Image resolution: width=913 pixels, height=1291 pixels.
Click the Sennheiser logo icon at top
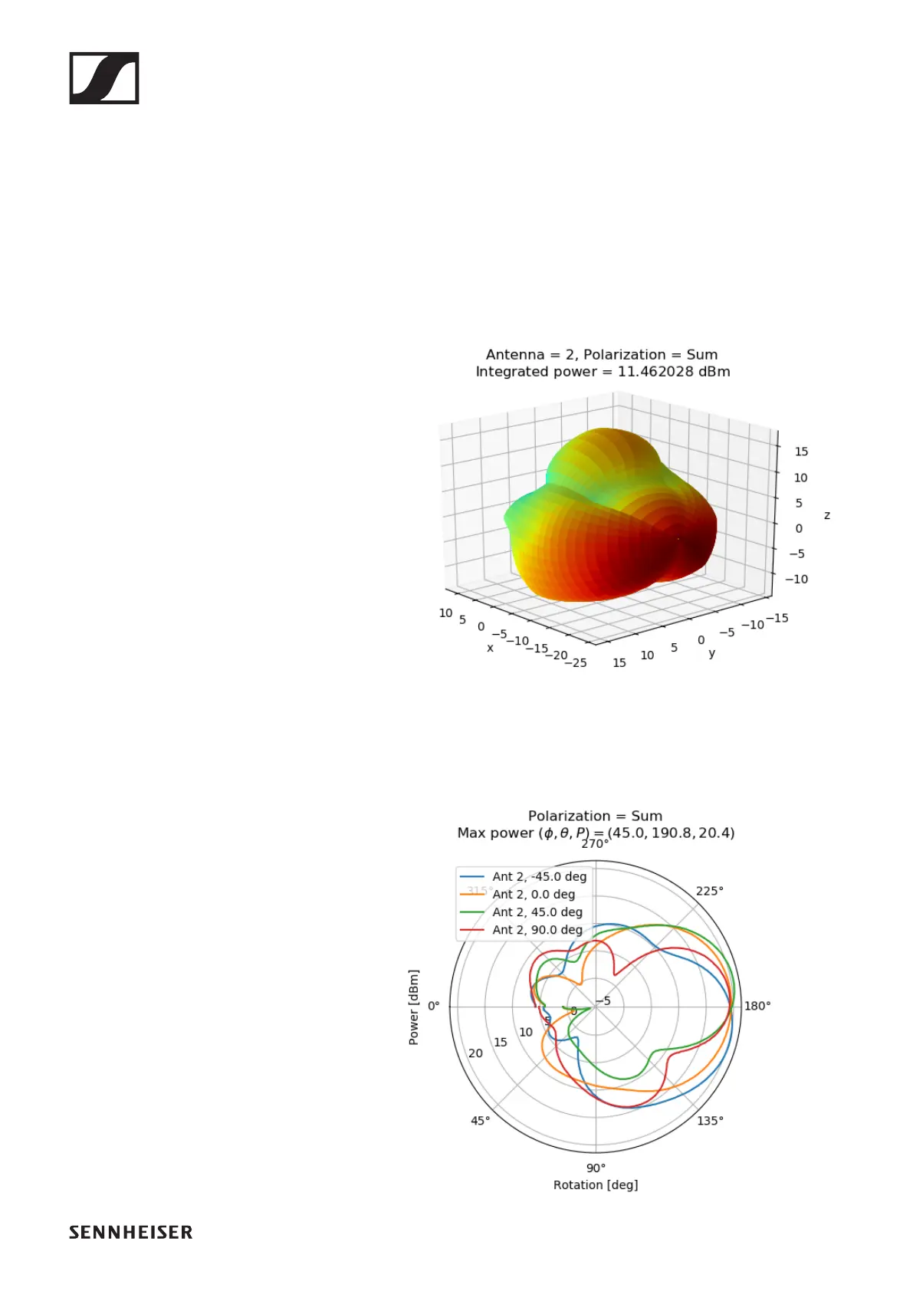(104, 78)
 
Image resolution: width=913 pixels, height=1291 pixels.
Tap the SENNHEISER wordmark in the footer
(130, 1232)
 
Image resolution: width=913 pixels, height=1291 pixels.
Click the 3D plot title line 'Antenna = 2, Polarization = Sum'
(602, 354)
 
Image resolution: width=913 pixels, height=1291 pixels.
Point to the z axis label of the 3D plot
(826, 515)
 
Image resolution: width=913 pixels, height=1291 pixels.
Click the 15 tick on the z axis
(801, 452)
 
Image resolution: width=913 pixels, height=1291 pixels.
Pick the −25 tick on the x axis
(575, 662)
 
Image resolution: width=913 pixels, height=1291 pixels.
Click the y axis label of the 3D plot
(712, 653)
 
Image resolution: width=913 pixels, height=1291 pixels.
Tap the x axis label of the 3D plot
(490, 648)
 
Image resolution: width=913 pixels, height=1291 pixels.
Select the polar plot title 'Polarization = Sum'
(595, 816)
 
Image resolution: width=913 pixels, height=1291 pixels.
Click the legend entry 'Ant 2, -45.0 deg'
(539, 876)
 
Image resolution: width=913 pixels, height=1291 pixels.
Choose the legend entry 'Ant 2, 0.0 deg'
(533, 894)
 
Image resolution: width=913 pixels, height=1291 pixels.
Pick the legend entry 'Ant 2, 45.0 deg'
(537, 912)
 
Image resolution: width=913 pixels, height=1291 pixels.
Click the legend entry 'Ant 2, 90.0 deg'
(537, 930)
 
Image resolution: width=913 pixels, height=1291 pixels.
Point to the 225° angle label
(709, 891)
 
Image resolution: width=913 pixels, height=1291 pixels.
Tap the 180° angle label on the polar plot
(757, 1006)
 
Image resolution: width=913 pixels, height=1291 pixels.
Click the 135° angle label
(710, 1121)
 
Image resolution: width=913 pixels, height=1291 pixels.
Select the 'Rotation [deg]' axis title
(596, 1184)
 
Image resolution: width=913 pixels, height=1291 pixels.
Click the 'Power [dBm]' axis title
(414, 1007)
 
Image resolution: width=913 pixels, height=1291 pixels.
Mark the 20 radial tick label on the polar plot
(475, 1053)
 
